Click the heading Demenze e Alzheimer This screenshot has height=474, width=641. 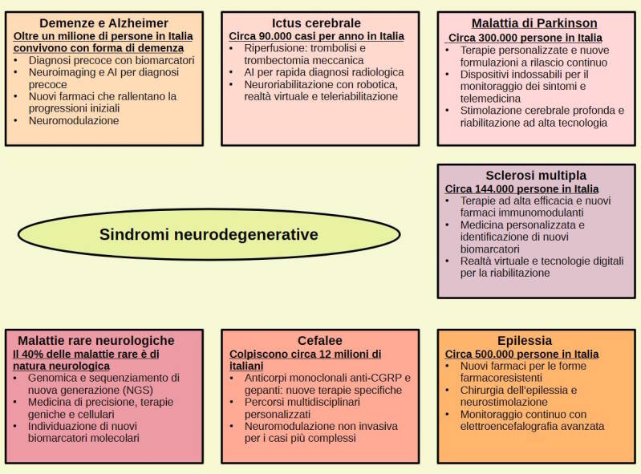[103, 23]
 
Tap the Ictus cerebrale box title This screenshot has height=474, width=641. [316, 23]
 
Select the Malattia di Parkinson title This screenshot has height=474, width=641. [534, 23]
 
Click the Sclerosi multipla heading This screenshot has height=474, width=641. [536, 176]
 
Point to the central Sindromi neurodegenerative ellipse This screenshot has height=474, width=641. [209, 234]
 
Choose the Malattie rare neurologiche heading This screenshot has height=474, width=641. [96, 340]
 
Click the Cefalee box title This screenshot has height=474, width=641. [320, 340]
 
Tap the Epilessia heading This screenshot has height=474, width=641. [525, 340]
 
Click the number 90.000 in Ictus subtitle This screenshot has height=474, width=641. [275, 36]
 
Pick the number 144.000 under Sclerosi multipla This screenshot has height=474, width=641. [493, 189]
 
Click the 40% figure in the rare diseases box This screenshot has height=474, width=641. [31, 354]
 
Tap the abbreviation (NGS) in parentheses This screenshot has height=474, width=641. [137, 390]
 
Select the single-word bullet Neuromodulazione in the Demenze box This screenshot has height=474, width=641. [74, 120]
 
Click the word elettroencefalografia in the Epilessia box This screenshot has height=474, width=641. [505, 426]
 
